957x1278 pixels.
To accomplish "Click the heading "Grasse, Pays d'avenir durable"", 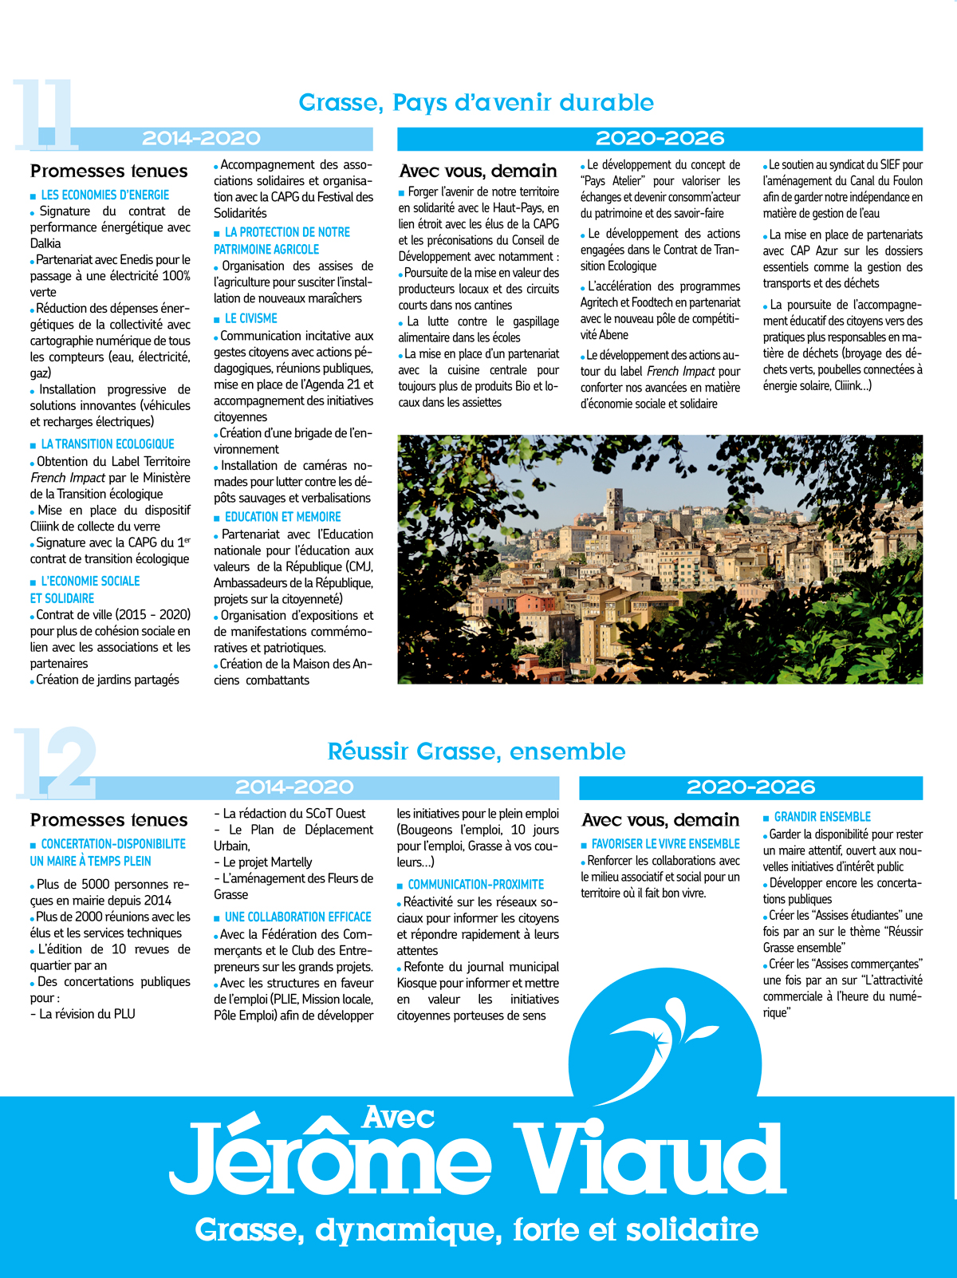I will [x=476, y=103].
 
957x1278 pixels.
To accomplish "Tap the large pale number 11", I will [x=45, y=114].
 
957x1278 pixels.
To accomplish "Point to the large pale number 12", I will [x=56, y=763].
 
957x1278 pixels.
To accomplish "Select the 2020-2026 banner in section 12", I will [x=750, y=787].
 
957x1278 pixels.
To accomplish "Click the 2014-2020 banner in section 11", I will [x=201, y=138].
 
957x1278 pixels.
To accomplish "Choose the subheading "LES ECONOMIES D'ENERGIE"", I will [x=104, y=195].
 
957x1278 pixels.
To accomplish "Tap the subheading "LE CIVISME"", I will [x=250, y=318].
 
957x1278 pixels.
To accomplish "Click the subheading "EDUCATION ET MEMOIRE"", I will [x=282, y=517].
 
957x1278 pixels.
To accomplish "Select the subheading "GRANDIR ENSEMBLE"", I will [x=822, y=817].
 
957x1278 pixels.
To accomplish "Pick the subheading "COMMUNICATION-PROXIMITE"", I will [x=475, y=885].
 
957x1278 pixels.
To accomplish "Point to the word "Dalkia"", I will [x=45, y=243].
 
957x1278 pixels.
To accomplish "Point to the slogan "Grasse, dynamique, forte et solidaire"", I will [x=476, y=1230].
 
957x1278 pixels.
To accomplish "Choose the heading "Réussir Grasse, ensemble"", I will [x=476, y=751].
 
